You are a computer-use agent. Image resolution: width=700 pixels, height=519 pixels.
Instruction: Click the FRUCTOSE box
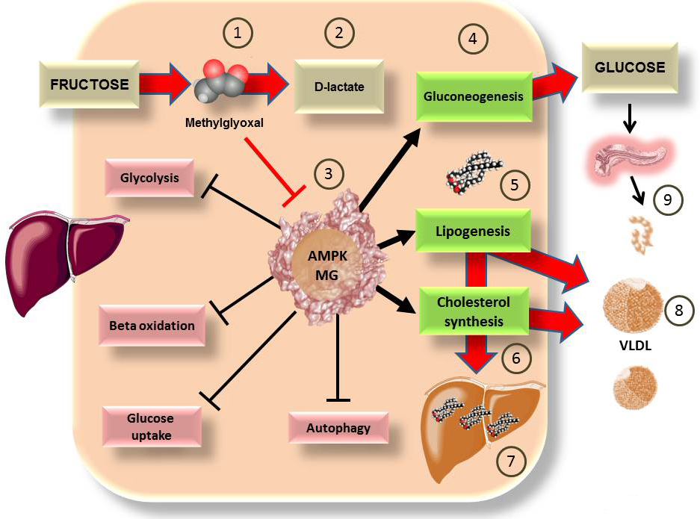click(89, 84)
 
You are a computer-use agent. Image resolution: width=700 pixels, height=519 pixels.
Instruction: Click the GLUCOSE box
click(629, 66)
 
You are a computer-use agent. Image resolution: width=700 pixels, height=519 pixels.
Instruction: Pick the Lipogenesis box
click(472, 231)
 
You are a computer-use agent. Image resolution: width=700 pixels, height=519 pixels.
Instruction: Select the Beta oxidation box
click(152, 326)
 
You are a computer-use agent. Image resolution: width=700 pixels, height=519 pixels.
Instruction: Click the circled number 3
click(329, 175)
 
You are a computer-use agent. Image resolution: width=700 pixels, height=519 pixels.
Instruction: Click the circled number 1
click(238, 34)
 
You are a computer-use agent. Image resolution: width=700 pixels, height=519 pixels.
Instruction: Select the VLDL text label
click(631, 347)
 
